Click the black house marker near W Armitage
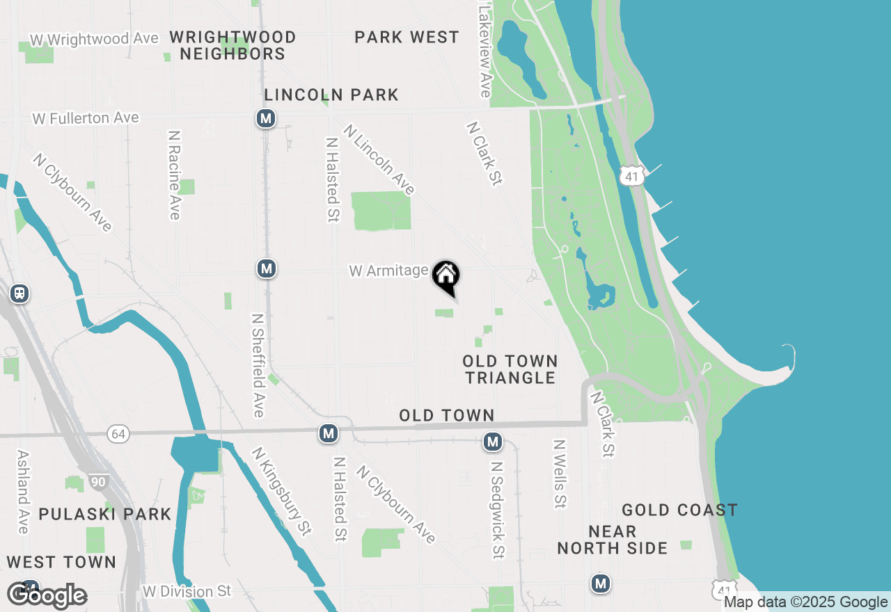coord(445,275)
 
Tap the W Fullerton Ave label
coord(86,118)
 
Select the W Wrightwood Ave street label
coord(94,39)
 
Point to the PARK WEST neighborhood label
coord(407,38)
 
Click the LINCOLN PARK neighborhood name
coord(331,95)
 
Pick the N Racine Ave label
coord(174,173)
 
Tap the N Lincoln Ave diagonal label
coord(379,159)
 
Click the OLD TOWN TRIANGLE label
coord(510,369)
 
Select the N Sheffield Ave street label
coord(258,365)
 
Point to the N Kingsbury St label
coord(281,491)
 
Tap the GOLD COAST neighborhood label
coord(679,510)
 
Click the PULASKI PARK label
coord(104,515)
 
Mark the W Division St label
coord(187,592)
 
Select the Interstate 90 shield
coord(97,482)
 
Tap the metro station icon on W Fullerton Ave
coord(265,119)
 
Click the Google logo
coord(47,596)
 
